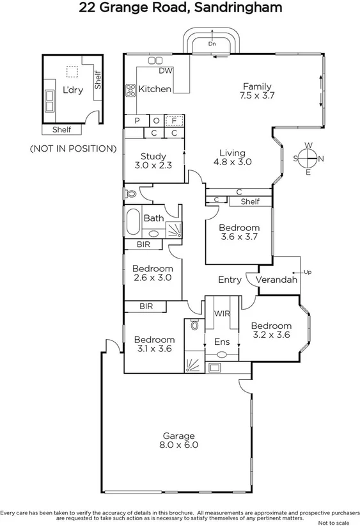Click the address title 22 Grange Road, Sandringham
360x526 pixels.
(180, 8)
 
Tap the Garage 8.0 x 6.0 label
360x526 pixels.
(178, 440)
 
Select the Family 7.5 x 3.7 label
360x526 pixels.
(257, 91)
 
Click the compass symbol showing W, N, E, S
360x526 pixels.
(308, 158)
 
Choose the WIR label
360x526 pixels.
(222, 314)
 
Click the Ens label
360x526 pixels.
(221, 342)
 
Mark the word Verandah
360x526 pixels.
(277, 280)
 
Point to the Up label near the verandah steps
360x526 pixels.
(308, 272)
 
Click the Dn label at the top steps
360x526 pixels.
(212, 44)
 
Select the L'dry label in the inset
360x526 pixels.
(72, 90)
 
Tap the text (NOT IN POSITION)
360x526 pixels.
(73, 148)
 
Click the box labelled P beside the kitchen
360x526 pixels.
(137, 120)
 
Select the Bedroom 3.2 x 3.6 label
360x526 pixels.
(271, 330)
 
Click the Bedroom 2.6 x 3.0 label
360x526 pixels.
(153, 273)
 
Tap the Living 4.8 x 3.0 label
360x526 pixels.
(232, 157)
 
